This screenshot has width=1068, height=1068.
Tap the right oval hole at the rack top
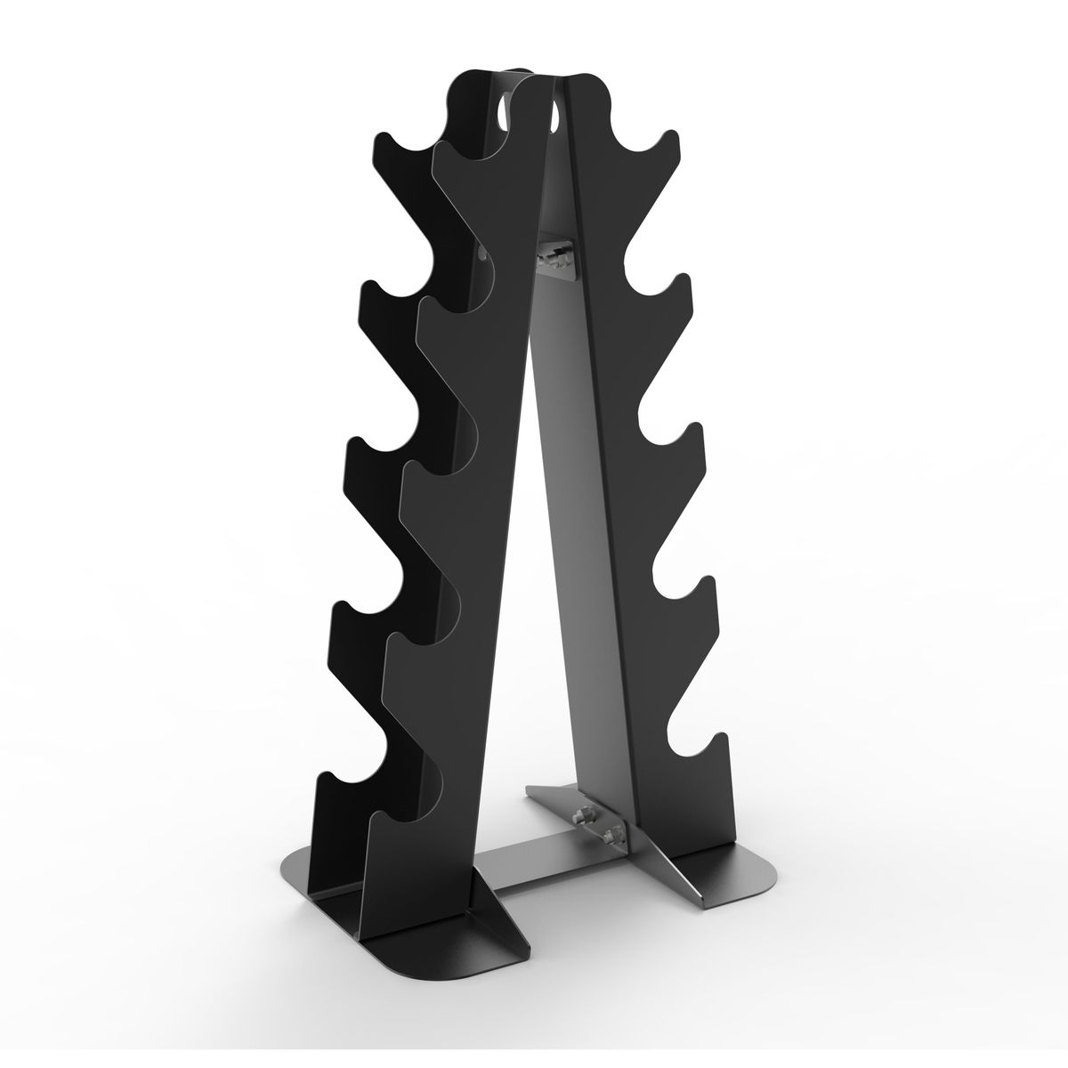[x=554, y=115]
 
